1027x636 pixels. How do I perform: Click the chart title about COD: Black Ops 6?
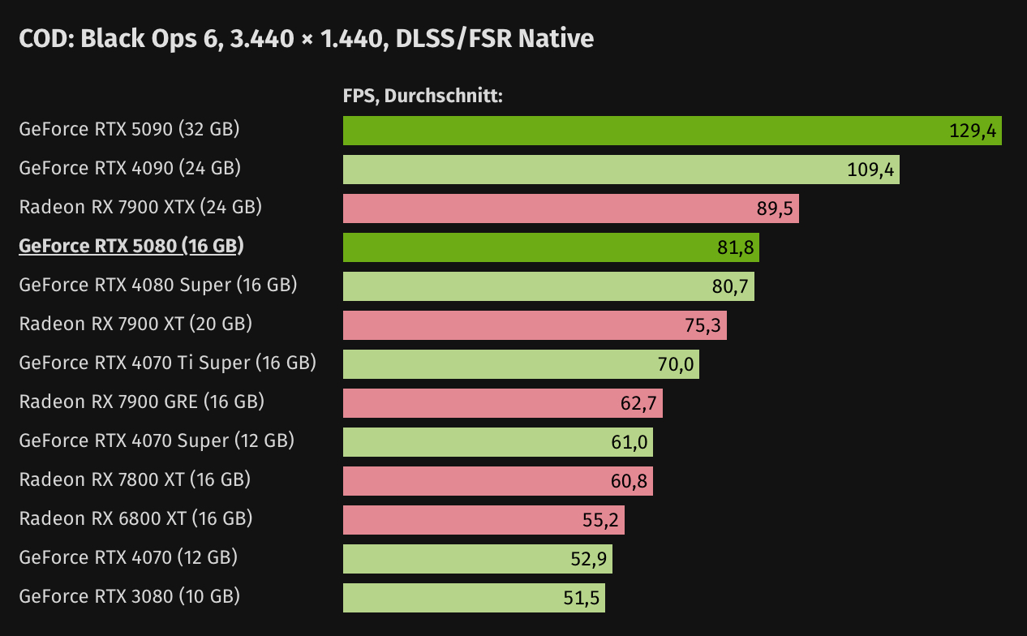point(306,38)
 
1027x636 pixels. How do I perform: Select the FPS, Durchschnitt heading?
point(423,96)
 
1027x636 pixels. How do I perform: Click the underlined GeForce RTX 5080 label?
point(131,246)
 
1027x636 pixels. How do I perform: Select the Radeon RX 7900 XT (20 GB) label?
point(135,324)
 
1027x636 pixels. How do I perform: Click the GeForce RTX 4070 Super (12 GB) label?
point(157,440)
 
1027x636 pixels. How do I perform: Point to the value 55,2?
point(601,520)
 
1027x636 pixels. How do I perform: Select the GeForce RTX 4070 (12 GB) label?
point(128,557)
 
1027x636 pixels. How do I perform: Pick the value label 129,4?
point(972,131)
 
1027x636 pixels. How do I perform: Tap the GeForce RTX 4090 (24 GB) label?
point(130,168)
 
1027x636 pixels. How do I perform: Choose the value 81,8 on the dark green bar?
point(736,247)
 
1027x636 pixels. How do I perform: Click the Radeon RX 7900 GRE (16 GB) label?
point(141,402)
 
